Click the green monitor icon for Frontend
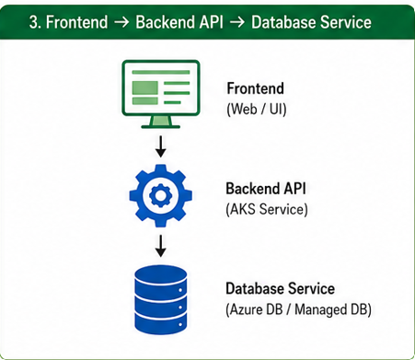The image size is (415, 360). click(x=161, y=94)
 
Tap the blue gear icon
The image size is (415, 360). click(x=161, y=195)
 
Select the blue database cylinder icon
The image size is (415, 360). click(x=161, y=299)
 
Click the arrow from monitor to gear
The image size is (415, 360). click(x=160, y=146)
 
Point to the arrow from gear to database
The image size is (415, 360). click(x=160, y=246)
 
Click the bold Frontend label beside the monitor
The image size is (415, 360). click(x=255, y=88)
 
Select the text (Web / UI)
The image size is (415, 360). click(x=257, y=109)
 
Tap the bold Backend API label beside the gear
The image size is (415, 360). click(x=266, y=189)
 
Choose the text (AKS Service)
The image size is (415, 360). click(x=267, y=210)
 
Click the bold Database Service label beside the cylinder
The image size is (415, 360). click(x=280, y=289)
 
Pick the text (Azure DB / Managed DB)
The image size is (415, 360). click(x=298, y=309)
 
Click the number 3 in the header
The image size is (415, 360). click(x=35, y=22)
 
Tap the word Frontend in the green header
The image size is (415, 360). click(x=76, y=22)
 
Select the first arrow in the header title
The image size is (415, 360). click(x=121, y=22)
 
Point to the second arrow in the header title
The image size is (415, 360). click(x=237, y=22)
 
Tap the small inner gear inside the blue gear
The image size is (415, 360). click(x=160, y=195)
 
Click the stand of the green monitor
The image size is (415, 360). click(x=160, y=122)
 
